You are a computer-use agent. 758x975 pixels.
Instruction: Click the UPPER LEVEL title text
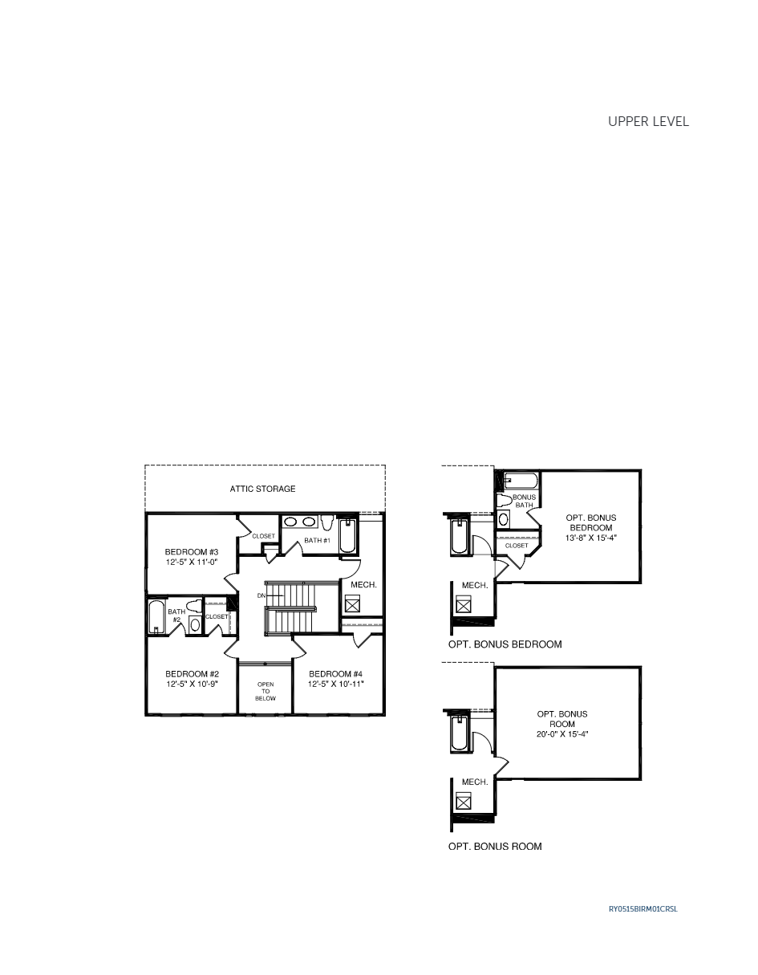point(648,122)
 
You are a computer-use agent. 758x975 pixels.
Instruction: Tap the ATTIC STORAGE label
point(262,489)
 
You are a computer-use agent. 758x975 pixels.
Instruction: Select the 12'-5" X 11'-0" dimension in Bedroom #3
point(191,563)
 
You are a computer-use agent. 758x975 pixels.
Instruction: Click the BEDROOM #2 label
point(192,673)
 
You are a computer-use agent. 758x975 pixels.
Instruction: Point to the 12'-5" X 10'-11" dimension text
point(336,684)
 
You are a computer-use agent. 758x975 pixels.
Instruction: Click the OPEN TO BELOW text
point(265,691)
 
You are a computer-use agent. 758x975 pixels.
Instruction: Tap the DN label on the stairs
point(261,595)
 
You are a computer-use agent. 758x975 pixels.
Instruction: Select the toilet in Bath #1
point(327,523)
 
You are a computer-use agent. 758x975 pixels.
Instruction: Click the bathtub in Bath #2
point(157,617)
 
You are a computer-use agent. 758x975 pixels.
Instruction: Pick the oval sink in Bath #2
point(195,624)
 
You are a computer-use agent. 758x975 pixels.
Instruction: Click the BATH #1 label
point(317,540)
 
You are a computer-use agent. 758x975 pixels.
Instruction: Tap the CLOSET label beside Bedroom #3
point(263,536)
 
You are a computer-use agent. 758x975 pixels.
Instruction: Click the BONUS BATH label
point(524,501)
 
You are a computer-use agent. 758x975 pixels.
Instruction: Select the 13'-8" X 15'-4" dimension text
point(590,538)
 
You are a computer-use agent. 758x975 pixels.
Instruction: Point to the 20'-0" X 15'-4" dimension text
point(561,734)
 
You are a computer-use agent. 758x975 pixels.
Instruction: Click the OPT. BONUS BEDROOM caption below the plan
point(505,644)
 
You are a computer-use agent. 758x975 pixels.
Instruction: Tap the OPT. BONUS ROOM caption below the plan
point(494,847)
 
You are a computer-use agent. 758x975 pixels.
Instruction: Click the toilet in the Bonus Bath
point(505,501)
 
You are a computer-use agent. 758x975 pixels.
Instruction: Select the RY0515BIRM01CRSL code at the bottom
point(642,909)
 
